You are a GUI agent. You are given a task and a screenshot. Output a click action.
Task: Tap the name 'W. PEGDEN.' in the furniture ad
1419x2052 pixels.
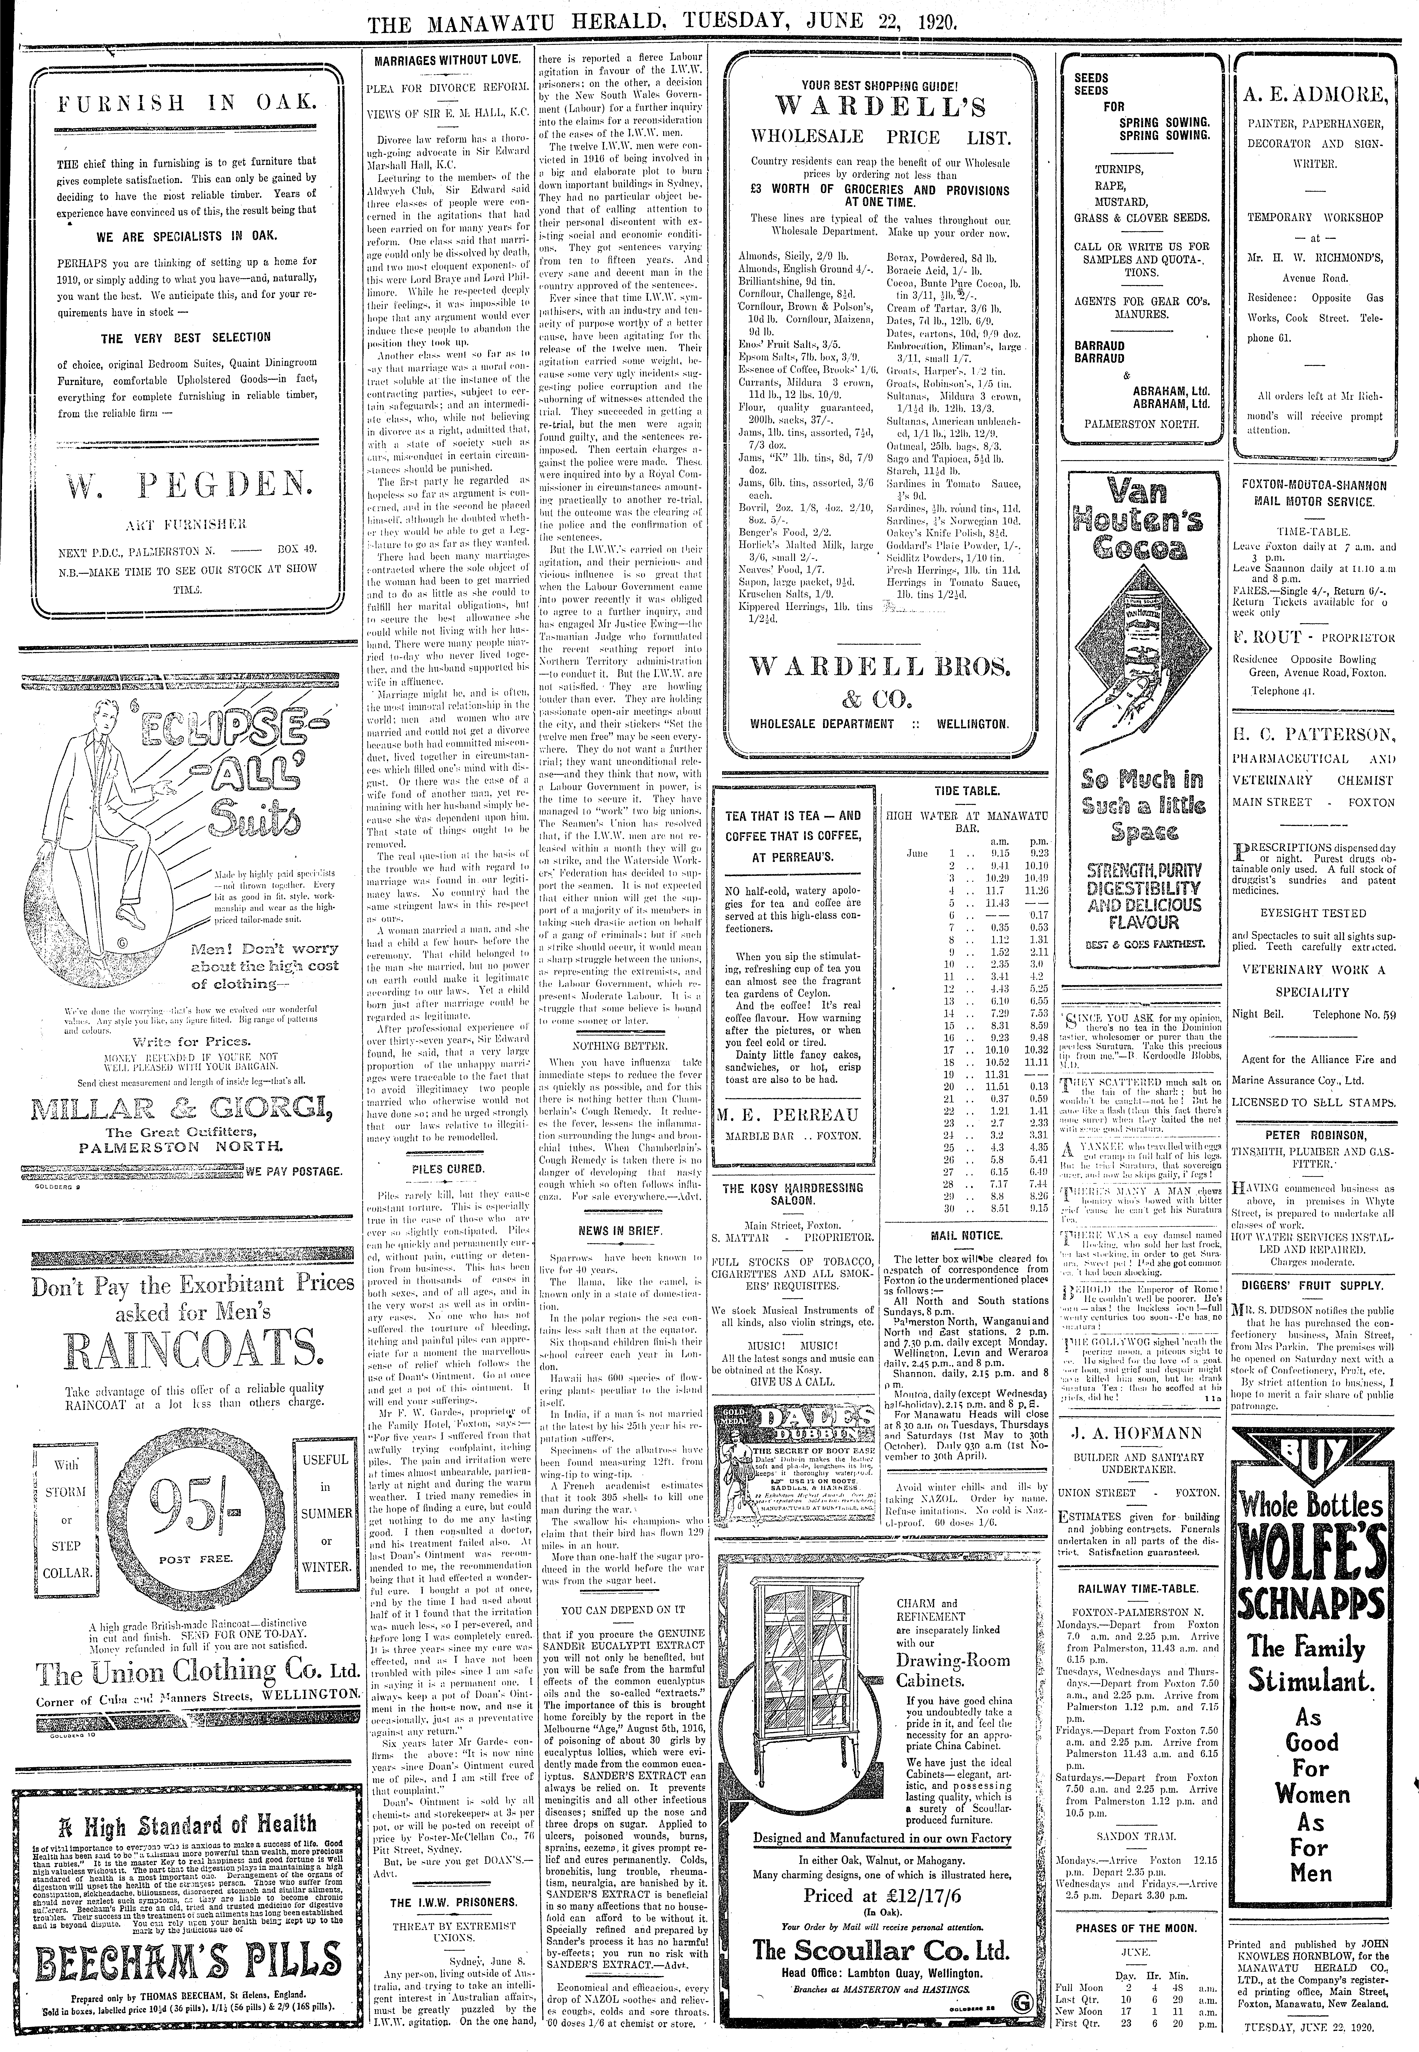tap(185, 485)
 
